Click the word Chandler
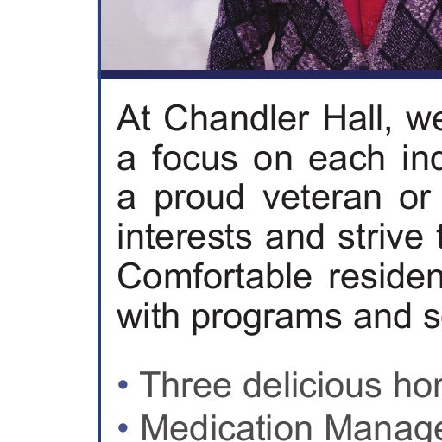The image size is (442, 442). coord(237,118)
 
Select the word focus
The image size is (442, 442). coord(195,157)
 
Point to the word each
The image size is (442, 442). coord(346,157)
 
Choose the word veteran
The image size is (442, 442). coord(322,198)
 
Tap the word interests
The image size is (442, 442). coord(184,237)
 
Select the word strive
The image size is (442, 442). coord(381,237)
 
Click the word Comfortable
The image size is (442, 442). coord(214,275)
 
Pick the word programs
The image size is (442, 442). coord(266,318)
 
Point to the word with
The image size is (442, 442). coord(148,316)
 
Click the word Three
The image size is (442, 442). coord(186,384)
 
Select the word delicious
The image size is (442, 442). coord(313,384)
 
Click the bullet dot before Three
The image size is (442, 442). coord(123,385)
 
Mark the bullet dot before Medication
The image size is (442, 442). coord(123,428)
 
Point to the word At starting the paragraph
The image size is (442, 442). coord(133,118)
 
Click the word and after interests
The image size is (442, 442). coord(295,237)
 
